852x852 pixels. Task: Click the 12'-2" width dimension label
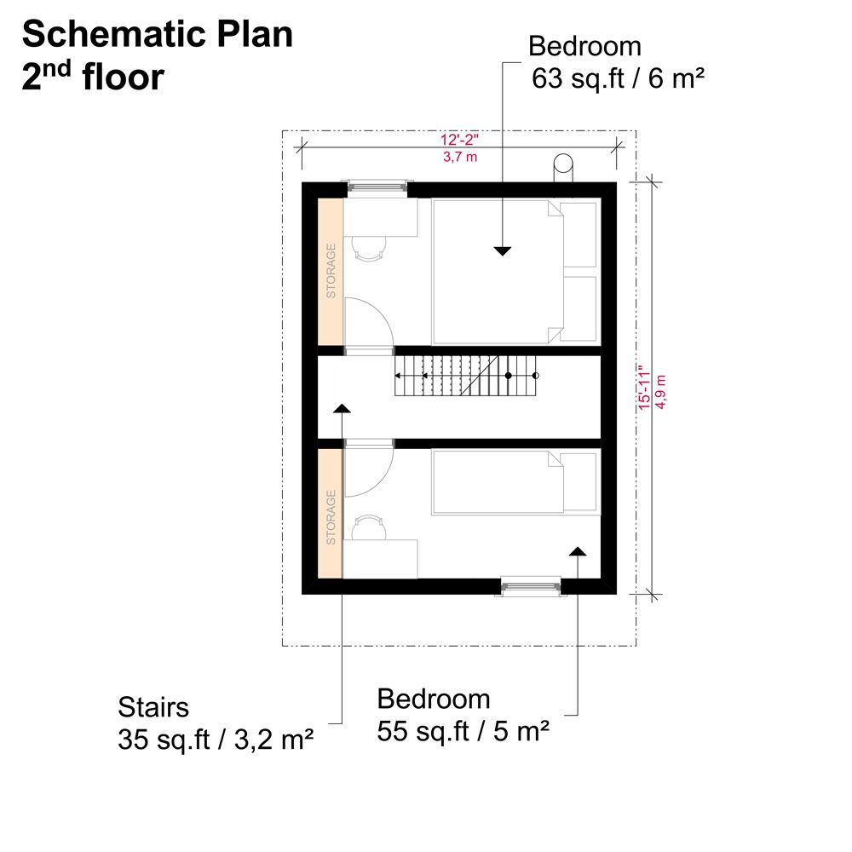pyautogui.click(x=459, y=140)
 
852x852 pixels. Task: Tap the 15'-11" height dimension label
pyautogui.click(x=644, y=388)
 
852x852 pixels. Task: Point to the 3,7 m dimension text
pyautogui.click(x=460, y=157)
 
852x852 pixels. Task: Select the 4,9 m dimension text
pyautogui.click(x=661, y=391)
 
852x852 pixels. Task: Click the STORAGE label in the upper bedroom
pyautogui.click(x=331, y=271)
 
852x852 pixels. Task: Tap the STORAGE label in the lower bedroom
pyautogui.click(x=331, y=517)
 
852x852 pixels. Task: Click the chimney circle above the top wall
pyautogui.click(x=563, y=163)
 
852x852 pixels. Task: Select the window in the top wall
pyautogui.click(x=377, y=187)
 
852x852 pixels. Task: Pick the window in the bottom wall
pyautogui.click(x=531, y=586)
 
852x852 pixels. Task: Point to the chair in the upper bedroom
pyautogui.click(x=370, y=249)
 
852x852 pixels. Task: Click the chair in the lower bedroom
pyautogui.click(x=370, y=527)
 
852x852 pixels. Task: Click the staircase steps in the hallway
pyautogui.click(x=465, y=376)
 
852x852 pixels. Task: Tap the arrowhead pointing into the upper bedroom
pyautogui.click(x=503, y=251)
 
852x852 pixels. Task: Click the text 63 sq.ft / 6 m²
pyautogui.click(x=618, y=78)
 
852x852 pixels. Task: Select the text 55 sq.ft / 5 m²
pyautogui.click(x=463, y=731)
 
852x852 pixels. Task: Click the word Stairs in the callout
pyautogui.click(x=153, y=707)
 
